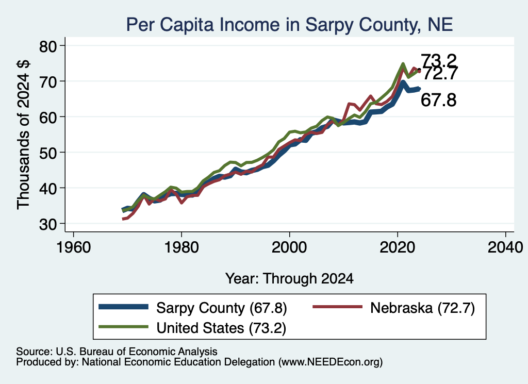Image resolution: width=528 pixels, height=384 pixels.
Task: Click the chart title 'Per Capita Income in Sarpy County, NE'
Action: point(289,25)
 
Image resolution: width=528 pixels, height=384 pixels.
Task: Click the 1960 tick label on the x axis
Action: point(73,247)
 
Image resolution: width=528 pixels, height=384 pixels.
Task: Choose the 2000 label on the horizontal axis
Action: point(289,247)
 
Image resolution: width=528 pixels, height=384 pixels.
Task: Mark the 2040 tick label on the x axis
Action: point(505,247)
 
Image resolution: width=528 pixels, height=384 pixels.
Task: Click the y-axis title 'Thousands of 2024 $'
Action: point(23,135)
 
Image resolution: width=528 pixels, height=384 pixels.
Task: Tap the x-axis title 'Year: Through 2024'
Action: point(289,279)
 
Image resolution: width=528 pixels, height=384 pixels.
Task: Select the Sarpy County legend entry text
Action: point(222,308)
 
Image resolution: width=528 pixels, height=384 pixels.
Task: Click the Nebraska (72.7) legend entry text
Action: point(423,308)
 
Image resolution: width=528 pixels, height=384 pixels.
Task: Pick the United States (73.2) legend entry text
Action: point(221,328)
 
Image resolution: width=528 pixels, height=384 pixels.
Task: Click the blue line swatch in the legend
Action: point(124,307)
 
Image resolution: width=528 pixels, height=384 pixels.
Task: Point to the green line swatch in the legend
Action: point(124,326)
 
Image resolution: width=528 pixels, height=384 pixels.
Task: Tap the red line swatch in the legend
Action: point(338,307)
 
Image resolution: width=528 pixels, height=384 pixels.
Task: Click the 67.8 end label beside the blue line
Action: point(438,100)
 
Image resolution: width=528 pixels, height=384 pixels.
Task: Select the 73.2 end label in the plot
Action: point(439,61)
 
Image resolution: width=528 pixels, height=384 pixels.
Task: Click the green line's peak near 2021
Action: point(403,63)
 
